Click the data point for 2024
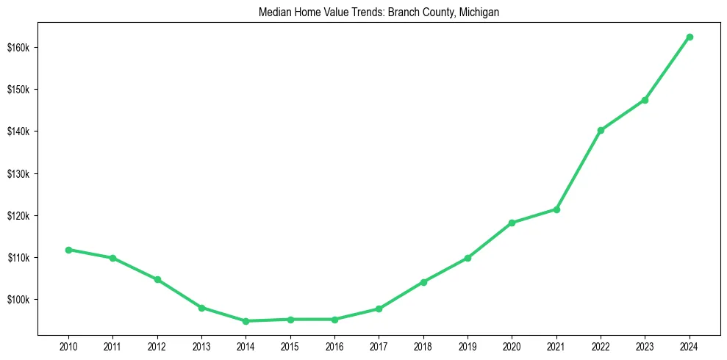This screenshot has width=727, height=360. click(x=690, y=37)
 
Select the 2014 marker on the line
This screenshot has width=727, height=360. click(x=246, y=321)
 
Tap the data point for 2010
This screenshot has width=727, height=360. click(x=68, y=250)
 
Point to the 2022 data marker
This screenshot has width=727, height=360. click(x=601, y=130)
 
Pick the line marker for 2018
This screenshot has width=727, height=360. click(x=423, y=282)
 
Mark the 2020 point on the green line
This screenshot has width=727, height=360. click(x=512, y=223)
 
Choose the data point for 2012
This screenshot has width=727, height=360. click(x=157, y=279)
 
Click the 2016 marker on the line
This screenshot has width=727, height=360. click(x=334, y=320)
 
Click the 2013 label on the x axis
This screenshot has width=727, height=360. click(x=201, y=346)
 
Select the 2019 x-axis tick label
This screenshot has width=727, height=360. click(x=468, y=346)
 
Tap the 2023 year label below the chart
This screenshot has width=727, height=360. click(x=645, y=346)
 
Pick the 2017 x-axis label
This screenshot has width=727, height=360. click(x=379, y=346)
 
